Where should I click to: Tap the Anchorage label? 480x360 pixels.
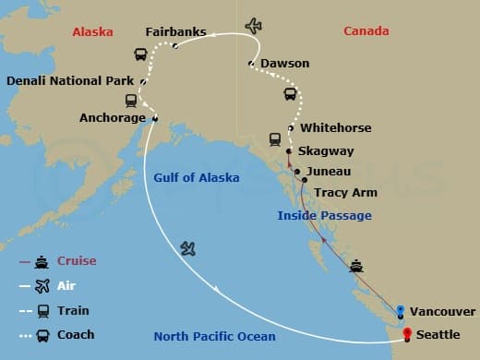tap(113, 118)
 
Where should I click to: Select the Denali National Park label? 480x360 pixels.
tap(70, 81)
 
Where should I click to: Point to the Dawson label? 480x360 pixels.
tap(284, 64)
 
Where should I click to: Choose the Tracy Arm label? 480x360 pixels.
tap(344, 194)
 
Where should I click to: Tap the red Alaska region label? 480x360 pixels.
tap(92, 32)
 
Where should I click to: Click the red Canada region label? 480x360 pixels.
tap(366, 32)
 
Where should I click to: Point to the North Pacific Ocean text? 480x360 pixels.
tap(214, 336)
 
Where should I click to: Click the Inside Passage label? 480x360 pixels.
tap(325, 216)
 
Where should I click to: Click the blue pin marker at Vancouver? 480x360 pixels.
tap(401, 310)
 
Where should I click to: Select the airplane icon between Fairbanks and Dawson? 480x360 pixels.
tap(254, 26)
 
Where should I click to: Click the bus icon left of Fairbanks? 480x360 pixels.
tap(141, 55)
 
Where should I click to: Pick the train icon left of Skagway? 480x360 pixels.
tap(275, 139)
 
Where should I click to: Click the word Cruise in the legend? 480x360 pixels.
tap(77, 261)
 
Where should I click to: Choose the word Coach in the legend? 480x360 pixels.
tap(77, 335)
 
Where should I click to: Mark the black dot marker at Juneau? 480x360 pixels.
tap(296, 172)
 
